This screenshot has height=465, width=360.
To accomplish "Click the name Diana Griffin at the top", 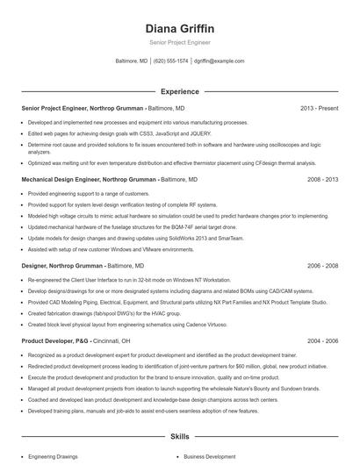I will click(x=179, y=28).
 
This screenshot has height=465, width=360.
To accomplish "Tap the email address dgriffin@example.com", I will click(x=219, y=61).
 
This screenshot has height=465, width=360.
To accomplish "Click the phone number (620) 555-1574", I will click(x=170, y=61).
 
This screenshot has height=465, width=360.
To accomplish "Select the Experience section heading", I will click(x=179, y=91).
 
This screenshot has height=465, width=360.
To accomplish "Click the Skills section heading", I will click(x=179, y=436).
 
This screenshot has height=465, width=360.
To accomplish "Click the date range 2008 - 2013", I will click(x=322, y=178).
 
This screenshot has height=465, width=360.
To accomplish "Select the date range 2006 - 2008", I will click(x=322, y=264).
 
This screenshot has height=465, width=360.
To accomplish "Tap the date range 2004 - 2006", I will click(x=322, y=340).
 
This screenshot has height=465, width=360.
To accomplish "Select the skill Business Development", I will click(x=210, y=457).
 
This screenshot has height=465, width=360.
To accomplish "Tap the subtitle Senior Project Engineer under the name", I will click(x=179, y=43).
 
